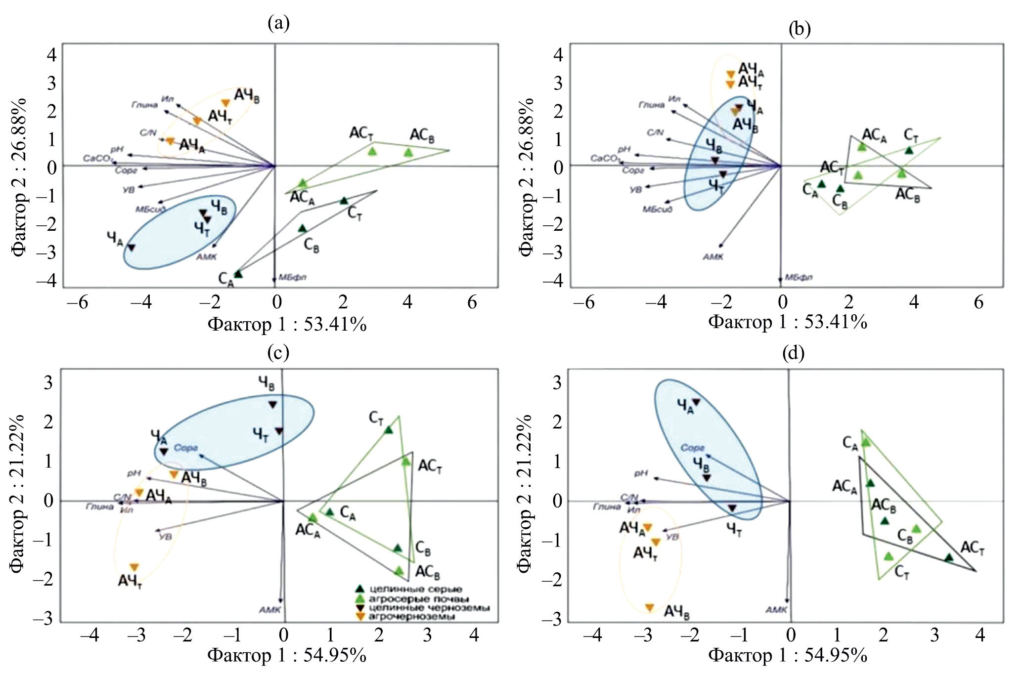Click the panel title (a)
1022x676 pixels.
click(x=278, y=23)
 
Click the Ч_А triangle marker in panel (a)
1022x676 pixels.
click(x=132, y=247)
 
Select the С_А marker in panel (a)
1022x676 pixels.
click(x=238, y=274)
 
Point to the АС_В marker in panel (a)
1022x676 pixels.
click(x=408, y=152)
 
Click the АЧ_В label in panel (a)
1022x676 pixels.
click(x=247, y=95)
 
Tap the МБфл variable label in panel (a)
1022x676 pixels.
click(x=292, y=277)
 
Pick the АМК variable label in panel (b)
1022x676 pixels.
click(x=712, y=257)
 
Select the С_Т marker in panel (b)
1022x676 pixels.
click(x=909, y=150)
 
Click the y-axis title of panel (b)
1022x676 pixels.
click(x=527, y=177)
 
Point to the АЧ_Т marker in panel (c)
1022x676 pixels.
click(x=134, y=567)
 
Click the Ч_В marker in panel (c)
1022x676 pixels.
click(x=272, y=404)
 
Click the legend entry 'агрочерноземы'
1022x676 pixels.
click(x=411, y=617)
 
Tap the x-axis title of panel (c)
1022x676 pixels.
click(x=287, y=655)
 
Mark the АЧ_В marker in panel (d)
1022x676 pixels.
click(x=650, y=607)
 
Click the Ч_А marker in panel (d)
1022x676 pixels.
click(x=696, y=402)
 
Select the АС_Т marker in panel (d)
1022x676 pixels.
click(x=949, y=557)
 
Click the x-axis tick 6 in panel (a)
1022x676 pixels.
click(x=472, y=302)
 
